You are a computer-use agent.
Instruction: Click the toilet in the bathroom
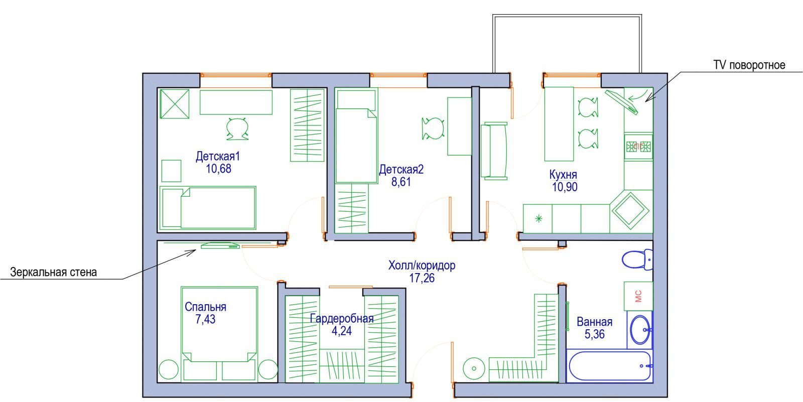pos(637,259)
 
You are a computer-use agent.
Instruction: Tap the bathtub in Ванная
pos(610,366)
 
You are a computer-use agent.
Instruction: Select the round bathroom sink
pos(641,329)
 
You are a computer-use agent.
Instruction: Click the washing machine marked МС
pos(638,296)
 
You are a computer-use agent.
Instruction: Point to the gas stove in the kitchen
pos(638,147)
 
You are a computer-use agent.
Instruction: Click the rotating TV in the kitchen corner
pos(622,102)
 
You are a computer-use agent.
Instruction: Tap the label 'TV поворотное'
pos(749,65)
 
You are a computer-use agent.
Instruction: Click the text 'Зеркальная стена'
pos(53,272)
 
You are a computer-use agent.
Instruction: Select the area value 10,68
pos(218,169)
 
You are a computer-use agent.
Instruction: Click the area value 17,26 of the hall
pos(422,278)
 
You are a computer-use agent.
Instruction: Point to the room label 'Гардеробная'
pos(342,319)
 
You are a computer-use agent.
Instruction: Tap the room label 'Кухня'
pos(563,175)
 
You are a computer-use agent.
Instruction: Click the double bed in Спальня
pos(219,334)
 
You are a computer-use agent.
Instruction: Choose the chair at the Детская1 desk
pos(237,128)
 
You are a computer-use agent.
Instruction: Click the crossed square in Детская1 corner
pos(175,104)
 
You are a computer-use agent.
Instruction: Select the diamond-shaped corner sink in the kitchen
pos(630,211)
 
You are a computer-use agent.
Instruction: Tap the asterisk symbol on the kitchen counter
pos(539,218)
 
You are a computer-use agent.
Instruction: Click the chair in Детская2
pos(433,128)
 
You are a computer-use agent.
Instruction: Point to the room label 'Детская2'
pos(401,169)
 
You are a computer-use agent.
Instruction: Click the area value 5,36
pos(594,334)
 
